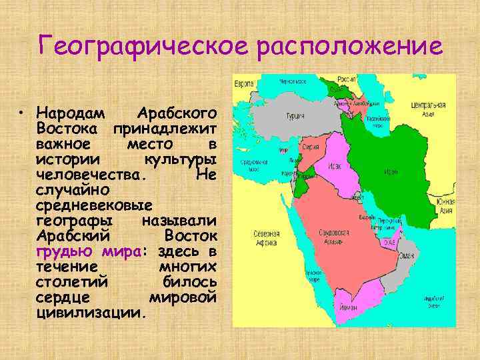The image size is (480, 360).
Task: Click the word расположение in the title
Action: pyautogui.click(x=347, y=47)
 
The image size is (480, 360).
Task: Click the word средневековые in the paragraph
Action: pyautogui.click(x=95, y=205)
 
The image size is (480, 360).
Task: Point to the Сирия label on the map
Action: pyautogui.click(x=309, y=148)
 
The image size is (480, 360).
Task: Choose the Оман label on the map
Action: pyautogui.click(x=406, y=256)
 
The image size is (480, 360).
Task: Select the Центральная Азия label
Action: pyautogui.click(x=429, y=109)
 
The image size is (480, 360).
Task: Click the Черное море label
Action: pyautogui.click(x=295, y=82)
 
